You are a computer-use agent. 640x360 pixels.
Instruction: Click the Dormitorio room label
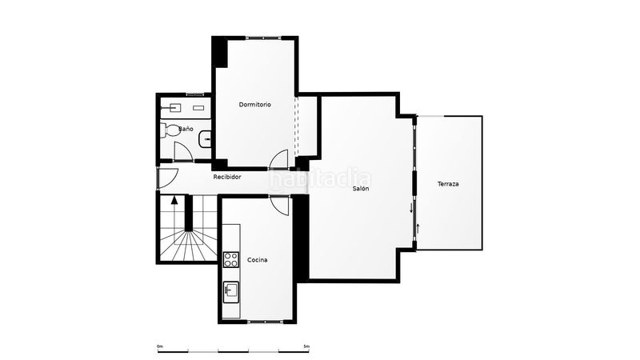point(254,105)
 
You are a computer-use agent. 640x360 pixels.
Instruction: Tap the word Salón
point(361,189)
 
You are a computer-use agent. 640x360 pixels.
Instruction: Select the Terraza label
point(448,184)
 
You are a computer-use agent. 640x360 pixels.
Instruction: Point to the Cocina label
point(258,260)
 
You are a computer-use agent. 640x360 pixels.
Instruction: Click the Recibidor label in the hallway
point(227,177)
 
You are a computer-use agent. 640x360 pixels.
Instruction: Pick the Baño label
point(186,129)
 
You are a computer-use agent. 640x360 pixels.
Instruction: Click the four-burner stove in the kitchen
point(231,259)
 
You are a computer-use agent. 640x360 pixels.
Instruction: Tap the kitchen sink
point(231,292)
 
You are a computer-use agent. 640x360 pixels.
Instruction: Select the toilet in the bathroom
point(170,130)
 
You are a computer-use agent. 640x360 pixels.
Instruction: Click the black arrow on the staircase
point(174,199)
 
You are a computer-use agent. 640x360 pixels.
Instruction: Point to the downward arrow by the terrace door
point(411,208)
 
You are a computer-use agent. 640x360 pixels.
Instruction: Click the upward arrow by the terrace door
point(418,229)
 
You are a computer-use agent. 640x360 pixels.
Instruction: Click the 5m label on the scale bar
point(306,346)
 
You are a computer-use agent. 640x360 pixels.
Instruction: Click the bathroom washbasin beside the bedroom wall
point(205,139)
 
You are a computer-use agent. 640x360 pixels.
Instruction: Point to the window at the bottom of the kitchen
point(266,322)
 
